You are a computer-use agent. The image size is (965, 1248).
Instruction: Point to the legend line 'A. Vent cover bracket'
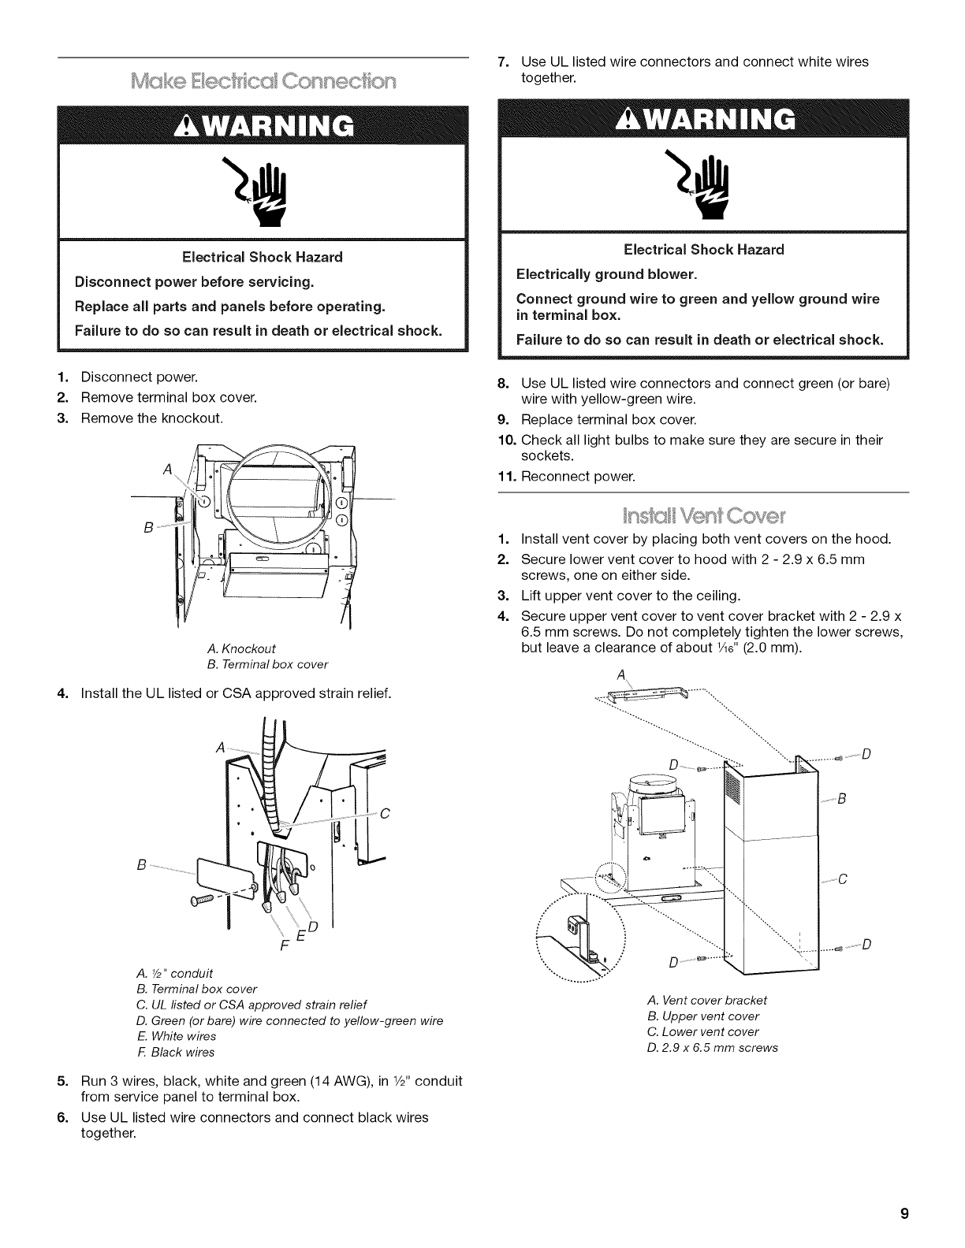tap(706, 1000)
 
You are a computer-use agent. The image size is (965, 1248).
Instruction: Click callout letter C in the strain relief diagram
tap(386, 815)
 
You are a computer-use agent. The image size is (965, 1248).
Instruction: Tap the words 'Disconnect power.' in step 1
tap(139, 377)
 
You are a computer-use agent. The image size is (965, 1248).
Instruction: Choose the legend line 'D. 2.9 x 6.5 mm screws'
tap(712, 1047)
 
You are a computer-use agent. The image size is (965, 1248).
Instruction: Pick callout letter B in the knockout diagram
tap(148, 526)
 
